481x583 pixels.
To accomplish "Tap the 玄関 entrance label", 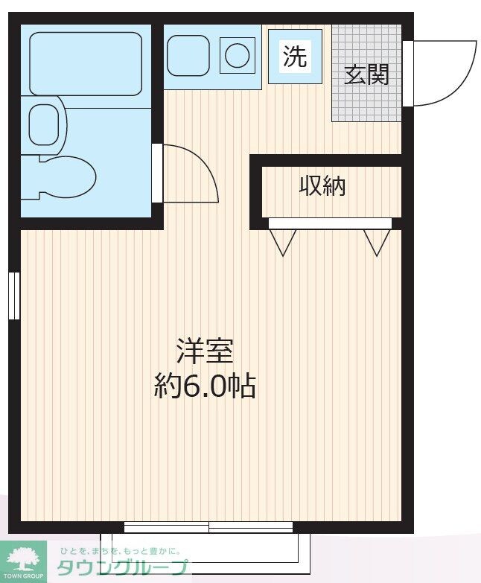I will [x=366, y=74].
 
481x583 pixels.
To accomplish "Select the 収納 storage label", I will [x=322, y=186].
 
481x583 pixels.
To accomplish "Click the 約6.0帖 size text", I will [x=205, y=386].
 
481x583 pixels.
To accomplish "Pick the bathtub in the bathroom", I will [x=86, y=63].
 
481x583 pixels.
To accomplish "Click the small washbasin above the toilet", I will [x=44, y=124].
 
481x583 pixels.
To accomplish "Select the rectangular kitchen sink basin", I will [x=189, y=55].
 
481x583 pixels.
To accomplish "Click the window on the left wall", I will [x=13, y=296].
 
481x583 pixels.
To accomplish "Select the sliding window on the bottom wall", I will [x=208, y=528].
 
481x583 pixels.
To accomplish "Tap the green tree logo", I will [x=24, y=557].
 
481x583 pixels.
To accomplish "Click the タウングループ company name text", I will [x=124, y=568].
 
